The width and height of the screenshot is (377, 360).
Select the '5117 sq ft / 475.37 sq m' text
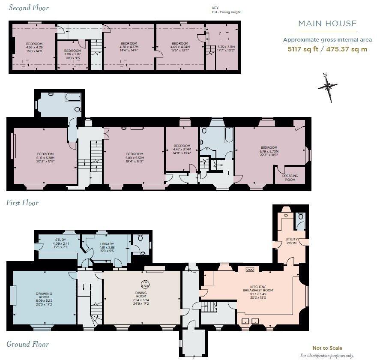pos(327,49)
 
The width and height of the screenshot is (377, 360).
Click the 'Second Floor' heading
pos(29,8)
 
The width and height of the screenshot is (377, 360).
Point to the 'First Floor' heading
pos(22,203)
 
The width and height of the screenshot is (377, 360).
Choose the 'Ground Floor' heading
pos(27,344)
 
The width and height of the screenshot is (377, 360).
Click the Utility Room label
pos(291,241)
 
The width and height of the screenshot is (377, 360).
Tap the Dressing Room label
pos(290,177)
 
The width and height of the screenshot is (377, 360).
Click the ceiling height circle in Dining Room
pos(145,283)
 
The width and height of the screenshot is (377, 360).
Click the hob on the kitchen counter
pos(250,270)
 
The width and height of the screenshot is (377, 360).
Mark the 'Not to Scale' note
pos(327,348)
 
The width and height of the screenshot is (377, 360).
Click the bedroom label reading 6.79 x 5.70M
pos(269,150)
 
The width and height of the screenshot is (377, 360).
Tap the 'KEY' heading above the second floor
pos(215,8)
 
